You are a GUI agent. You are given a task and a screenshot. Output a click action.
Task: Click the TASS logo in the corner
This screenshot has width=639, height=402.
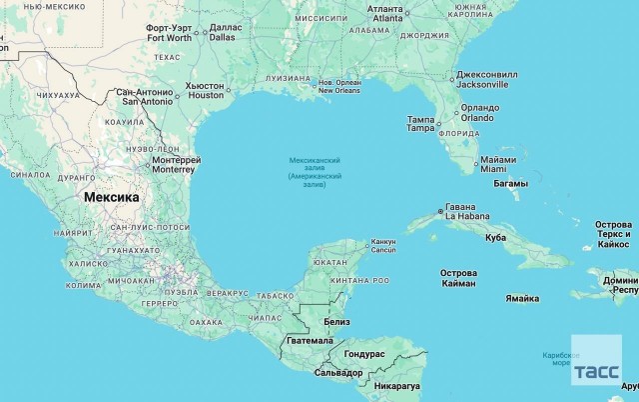tap(596, 372)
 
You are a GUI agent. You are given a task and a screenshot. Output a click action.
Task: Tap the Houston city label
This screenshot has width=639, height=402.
tap(206, 91)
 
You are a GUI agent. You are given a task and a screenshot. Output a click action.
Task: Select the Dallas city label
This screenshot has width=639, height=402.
tap(224, 32)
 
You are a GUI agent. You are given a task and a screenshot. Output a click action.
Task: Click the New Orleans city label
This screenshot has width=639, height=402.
tap(339, 86)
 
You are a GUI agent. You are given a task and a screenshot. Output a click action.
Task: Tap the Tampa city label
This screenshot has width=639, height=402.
tap(421, 124)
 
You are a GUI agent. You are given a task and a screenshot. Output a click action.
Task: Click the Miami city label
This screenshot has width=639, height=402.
tap(496, 164)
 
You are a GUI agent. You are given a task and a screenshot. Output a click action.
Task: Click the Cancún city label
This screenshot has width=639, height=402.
tap(383, 245)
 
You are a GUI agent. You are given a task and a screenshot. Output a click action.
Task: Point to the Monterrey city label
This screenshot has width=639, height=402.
tap(177, 164)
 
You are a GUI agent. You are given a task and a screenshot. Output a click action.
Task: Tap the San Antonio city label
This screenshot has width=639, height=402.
tap(147, 97)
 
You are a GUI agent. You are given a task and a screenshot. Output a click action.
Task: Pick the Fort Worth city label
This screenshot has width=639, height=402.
tap(170, 33)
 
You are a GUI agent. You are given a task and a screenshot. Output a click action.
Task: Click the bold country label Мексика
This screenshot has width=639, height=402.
tap(111, 197)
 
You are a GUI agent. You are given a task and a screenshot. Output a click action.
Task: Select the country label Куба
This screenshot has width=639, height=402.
tap(495, 237)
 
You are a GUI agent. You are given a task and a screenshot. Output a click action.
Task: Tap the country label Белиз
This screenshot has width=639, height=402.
tap(336, 321)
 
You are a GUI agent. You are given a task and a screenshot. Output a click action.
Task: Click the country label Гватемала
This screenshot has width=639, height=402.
tap(309, 340)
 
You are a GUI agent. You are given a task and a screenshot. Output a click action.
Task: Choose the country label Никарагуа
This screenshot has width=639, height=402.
tap(397, 385)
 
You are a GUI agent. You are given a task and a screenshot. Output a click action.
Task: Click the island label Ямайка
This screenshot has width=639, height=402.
tap(522, 298)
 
